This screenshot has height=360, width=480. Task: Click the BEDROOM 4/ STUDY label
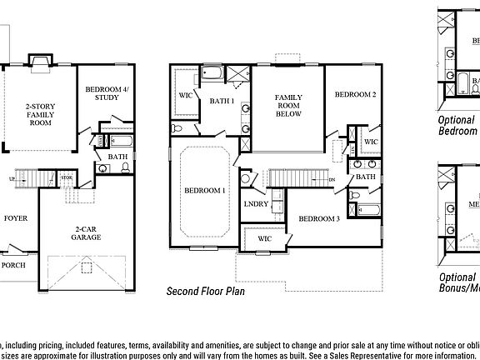102,93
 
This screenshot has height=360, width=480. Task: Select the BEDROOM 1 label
205,191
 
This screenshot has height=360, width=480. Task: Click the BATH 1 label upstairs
222,101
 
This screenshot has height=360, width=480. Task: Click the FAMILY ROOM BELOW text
288,106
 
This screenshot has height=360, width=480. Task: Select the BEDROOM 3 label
319,218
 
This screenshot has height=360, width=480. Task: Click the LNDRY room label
255,203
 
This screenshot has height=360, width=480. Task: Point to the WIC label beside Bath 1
186,96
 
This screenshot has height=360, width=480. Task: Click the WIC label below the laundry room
264,239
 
